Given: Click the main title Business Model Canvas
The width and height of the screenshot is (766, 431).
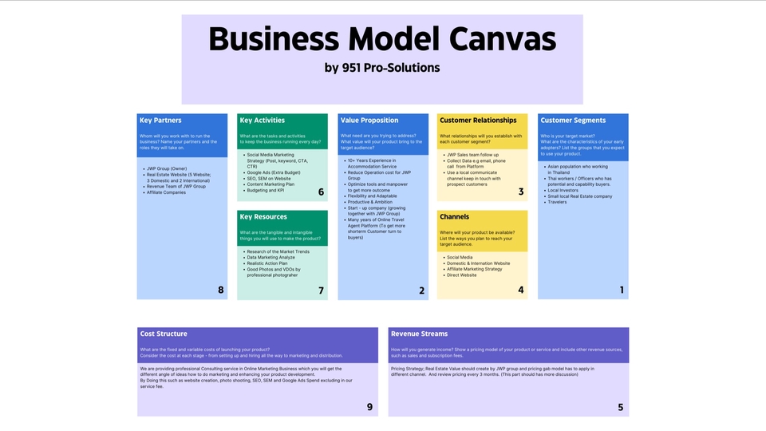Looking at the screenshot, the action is tap(382, 39).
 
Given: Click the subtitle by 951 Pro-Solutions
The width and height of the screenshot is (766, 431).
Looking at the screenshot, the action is tap(382, 68).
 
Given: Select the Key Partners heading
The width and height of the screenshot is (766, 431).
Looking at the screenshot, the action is tap(160, 121).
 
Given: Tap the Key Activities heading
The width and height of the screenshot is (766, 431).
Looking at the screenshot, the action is tap(263, 121).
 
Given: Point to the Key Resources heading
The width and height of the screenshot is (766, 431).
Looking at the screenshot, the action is tap(263, 217).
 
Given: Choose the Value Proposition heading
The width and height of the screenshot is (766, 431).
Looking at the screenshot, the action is tap(369, 121).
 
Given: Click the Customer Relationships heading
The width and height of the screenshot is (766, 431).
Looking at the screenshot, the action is tap(478, 121).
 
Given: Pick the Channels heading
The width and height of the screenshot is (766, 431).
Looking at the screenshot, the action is tap(455, 217).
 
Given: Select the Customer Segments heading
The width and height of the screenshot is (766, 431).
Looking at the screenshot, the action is tap(573, 121).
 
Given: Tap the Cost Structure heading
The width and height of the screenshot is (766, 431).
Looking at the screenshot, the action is tap(164, 334).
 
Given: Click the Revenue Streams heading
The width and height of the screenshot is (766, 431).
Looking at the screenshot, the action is tap(420, 334).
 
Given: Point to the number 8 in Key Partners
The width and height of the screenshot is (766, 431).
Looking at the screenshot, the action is tap(221, 290).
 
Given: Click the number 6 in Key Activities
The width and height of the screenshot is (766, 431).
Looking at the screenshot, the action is tap(321, 192).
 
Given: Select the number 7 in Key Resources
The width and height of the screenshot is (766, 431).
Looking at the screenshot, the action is tap(321, 291).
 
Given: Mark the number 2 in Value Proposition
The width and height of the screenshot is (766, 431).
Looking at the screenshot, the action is tap(421, 291).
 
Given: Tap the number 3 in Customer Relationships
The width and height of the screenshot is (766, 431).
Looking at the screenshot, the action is tap(521, 192).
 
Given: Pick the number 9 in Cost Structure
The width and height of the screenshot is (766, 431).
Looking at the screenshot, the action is tap(369, 407).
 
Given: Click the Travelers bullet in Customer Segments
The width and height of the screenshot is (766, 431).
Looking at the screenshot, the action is tap(557, 202).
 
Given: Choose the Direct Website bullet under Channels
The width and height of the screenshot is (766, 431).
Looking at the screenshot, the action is tap(461, 275).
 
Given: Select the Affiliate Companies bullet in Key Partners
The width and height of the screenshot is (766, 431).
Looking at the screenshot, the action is tap(166, 192).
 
